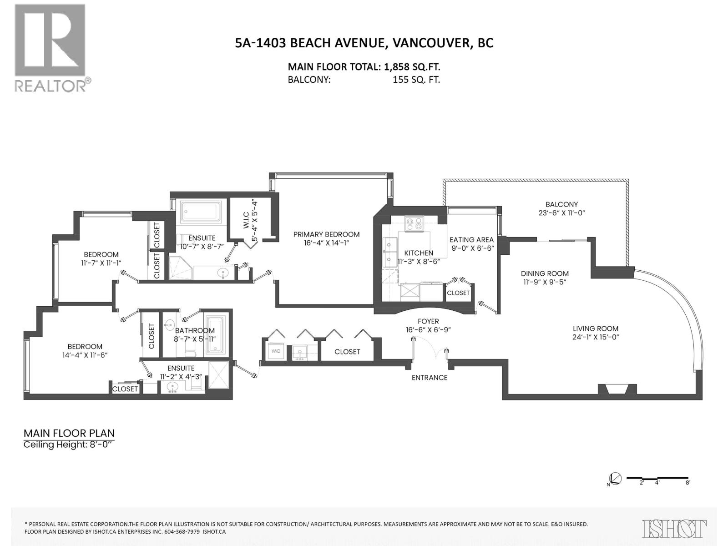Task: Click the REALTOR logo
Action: tap(50, 48)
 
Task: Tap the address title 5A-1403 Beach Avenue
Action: tap(364, 43)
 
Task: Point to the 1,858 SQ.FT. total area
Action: tap(412, 67)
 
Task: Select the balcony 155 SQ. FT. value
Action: tap(416, 80)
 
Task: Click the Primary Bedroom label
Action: tap(326, 234)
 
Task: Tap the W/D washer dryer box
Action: tap(276, 351)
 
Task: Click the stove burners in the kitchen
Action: tap(415, 224)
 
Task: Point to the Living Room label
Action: tap(595, 329)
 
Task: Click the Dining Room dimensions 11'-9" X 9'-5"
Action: tap(544, 282)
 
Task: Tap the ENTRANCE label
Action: tap(429, 378)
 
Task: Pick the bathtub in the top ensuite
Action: tap(201, 212)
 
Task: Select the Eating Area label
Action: tap(471, 240)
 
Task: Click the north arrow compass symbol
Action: tap(615, 479)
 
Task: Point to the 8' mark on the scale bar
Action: tap(688, 482)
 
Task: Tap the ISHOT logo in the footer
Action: tap(674, 529)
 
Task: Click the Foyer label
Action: tap(428, 321)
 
